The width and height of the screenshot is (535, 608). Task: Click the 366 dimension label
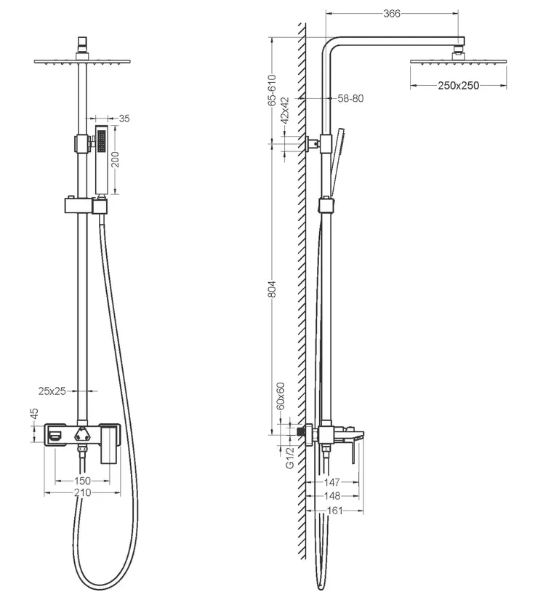(x=392, y=14)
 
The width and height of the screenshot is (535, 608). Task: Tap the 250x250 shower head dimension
(x=458, y=85)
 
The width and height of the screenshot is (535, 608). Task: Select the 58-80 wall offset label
(x=350, y=98)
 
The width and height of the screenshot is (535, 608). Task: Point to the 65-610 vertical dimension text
(x=272, y=90)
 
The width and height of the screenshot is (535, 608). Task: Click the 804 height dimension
(x=272, y=289)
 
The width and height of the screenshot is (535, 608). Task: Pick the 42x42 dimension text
(x=285, y=110)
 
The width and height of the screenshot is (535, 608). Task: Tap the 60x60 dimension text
(x=281, y=396)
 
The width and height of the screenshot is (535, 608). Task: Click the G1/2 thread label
(x=290, y=457)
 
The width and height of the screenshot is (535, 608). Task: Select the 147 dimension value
(x=332, y=482)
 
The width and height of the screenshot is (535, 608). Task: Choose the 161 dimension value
(x=334, y=511)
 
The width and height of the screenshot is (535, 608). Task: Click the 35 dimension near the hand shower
(x=124, y=119)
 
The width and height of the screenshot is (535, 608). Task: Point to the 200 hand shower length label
(x=115, y=159)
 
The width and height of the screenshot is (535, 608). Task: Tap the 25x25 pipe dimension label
(x=52, y=391)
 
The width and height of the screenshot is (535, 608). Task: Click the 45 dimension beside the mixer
(x=34, y=413)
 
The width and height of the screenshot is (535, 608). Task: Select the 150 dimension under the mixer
(x=82, y=481)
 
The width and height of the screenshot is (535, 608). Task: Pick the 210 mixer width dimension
(x=82, y=492)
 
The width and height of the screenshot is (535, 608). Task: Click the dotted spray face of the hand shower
(x=102, y=141)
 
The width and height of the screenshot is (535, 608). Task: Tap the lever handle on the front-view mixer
(x=109, y=444)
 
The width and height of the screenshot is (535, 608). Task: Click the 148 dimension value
(x=332, y=496)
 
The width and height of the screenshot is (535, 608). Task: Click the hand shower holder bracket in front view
(x=86, y=205)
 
